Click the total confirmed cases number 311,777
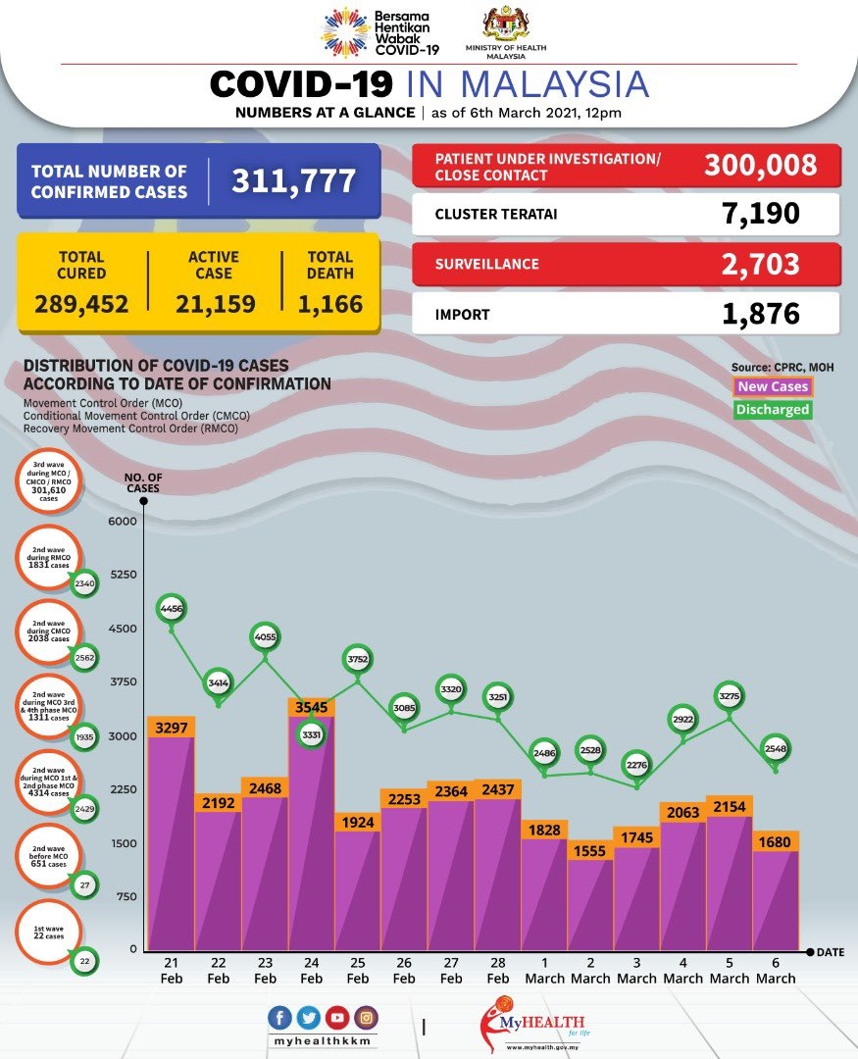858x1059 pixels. pos(293,181)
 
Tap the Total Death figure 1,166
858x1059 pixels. pos(329,304)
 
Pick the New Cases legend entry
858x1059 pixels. pos(773,387)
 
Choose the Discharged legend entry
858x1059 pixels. pos(773,410)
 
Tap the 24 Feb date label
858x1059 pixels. pos(311,971)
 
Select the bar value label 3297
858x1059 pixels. pos(171,727)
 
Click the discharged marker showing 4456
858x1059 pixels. pos(172,610)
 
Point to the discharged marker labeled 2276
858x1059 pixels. pos(636,762)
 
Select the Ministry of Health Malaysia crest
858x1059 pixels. pos(506,25)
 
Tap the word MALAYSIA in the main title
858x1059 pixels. pos(549,84)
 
